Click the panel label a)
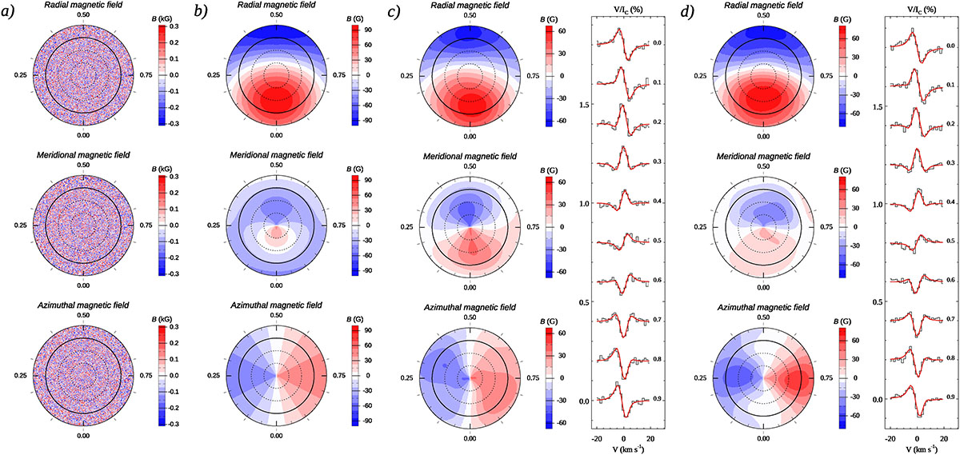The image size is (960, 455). (10, 12)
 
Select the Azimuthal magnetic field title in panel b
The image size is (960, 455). (276, 309)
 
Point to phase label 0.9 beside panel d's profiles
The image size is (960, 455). (950, 397)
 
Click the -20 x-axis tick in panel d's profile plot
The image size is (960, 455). (890, 439)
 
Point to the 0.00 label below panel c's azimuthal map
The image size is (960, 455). (470, 437)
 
